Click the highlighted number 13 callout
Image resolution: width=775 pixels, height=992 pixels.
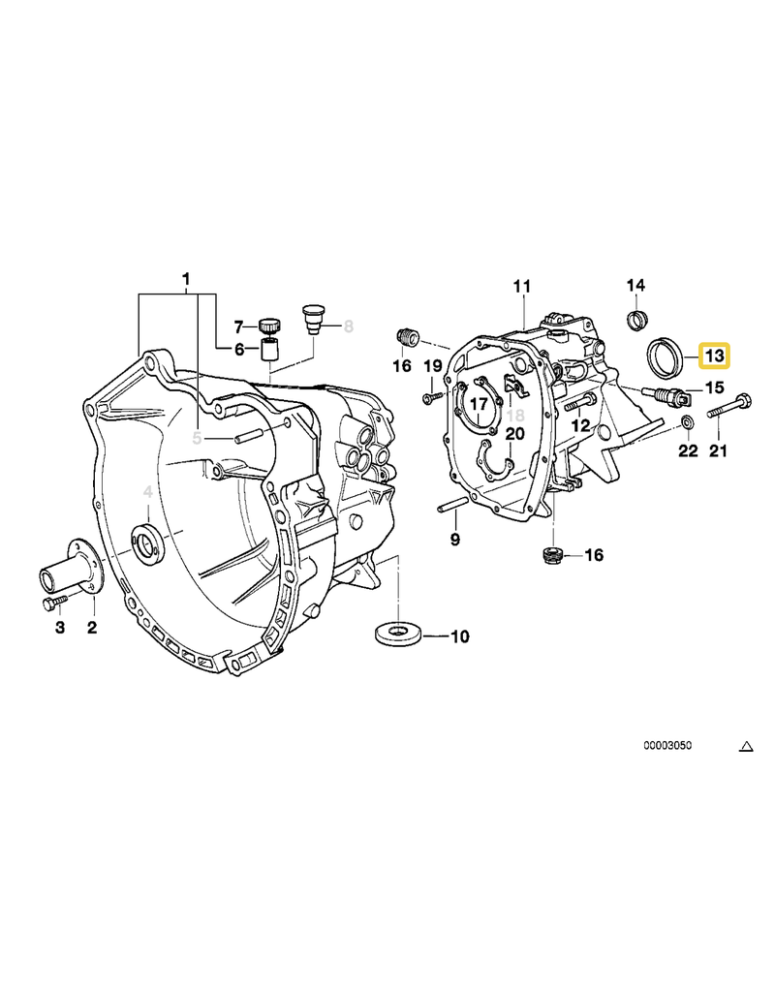pyautogui.click(x=714, y=356)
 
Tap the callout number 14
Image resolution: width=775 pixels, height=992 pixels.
pyautogui.click(x=635, y=285)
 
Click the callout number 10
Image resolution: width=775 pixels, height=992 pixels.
pyautogui.click(x=459, y=636)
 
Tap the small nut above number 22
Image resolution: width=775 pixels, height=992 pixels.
pyautogui.click(x=687, y=421)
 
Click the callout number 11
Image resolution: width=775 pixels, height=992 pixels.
pyautogui.click(x=522, y=286)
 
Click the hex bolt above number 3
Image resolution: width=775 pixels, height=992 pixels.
pyautogui.click(x=52, y=604)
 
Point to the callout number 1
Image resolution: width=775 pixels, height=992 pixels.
pyautogui.click(x=186, y=280)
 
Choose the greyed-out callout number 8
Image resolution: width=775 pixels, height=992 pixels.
pyautogui.click(x=348, y=326)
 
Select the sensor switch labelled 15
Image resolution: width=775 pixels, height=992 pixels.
pyautogui.click(x=666, y=395)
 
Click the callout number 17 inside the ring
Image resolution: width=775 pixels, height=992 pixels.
pyautogui.click(x=479, y=404)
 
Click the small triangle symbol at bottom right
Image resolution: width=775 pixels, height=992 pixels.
pyautogui.click(x=746, y=746)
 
